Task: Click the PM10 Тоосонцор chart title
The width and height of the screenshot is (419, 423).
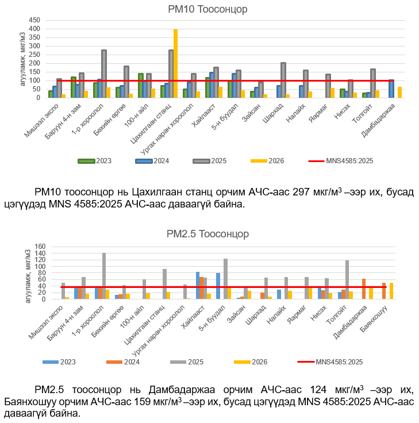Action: [208, 10]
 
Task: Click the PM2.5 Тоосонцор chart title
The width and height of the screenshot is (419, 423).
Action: [207, 234]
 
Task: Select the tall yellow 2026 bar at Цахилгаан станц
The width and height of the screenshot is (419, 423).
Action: [175, 63]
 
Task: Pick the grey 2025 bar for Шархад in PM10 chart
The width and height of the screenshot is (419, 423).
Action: [283, 80]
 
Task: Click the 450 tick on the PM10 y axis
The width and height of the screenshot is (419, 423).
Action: [34, 20]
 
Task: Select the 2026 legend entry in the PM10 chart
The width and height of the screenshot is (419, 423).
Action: [271, 161]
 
